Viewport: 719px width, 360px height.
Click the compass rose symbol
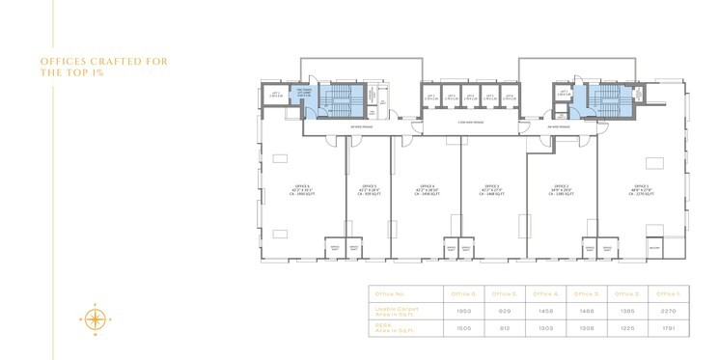coord(96,318)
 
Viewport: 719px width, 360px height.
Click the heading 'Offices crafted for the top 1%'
coord(104,67)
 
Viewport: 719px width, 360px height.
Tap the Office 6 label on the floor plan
coord(300,189)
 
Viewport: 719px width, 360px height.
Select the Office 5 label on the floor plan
coord(369,189)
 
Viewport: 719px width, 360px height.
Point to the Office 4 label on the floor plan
coord(427,189)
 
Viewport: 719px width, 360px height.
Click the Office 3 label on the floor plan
coord(492,189)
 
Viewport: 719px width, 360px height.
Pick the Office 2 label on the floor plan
coord(562,189)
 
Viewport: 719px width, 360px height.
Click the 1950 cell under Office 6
coord(463,311)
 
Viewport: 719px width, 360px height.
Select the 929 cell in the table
coord(504,311)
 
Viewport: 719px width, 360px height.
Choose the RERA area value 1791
coord(669,328)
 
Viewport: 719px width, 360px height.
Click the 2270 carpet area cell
coord(669,311)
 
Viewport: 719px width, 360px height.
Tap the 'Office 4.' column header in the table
coord(545,293)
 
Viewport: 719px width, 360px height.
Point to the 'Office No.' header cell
coord(390,293)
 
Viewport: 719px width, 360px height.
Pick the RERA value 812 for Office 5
coord(504,328)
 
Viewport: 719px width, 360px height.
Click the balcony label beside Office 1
coord(653,248)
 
